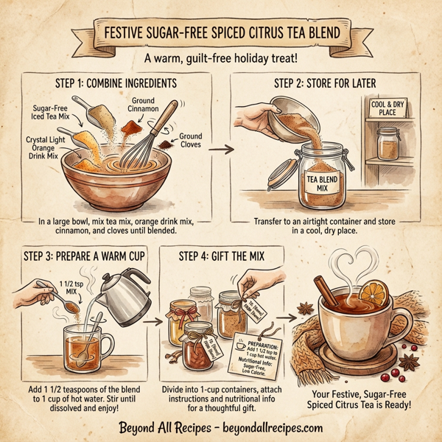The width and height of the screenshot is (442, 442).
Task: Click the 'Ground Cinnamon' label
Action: tap(144, 104)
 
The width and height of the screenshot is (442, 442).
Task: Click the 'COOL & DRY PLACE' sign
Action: tap(389, 108)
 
